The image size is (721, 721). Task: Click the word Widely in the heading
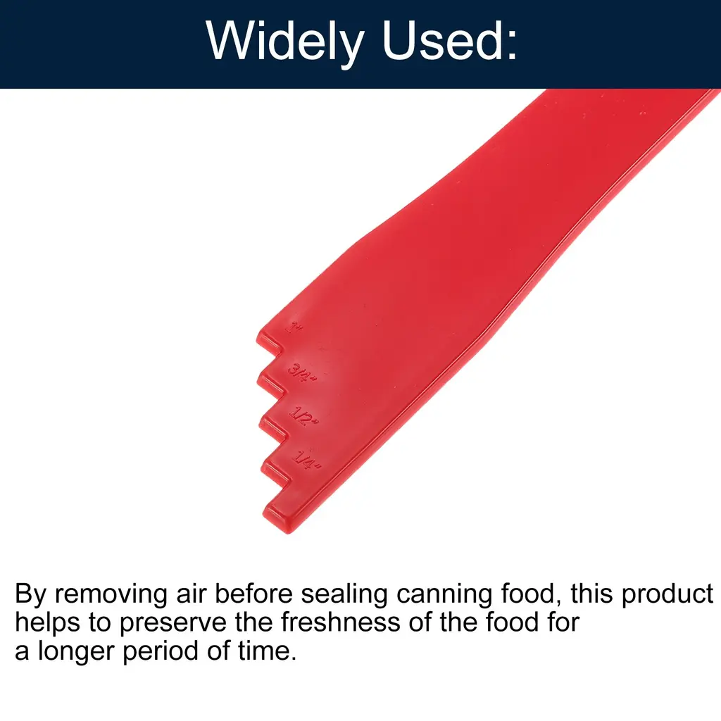[x=285, y=42]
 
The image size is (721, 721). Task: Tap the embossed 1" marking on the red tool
[x=294, y=327]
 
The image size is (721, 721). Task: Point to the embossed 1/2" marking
[x=303, y=415]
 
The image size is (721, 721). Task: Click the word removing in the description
[x=111, y=594]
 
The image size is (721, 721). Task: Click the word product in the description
[x=667, y=594]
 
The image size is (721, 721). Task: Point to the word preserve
[x=173, y=623]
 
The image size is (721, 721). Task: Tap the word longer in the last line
[x=76, y=651]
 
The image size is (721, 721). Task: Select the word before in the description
[x=253, y=594]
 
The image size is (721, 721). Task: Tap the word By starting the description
[x=30, y=594]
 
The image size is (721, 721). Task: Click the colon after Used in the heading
[x=511, y=45]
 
